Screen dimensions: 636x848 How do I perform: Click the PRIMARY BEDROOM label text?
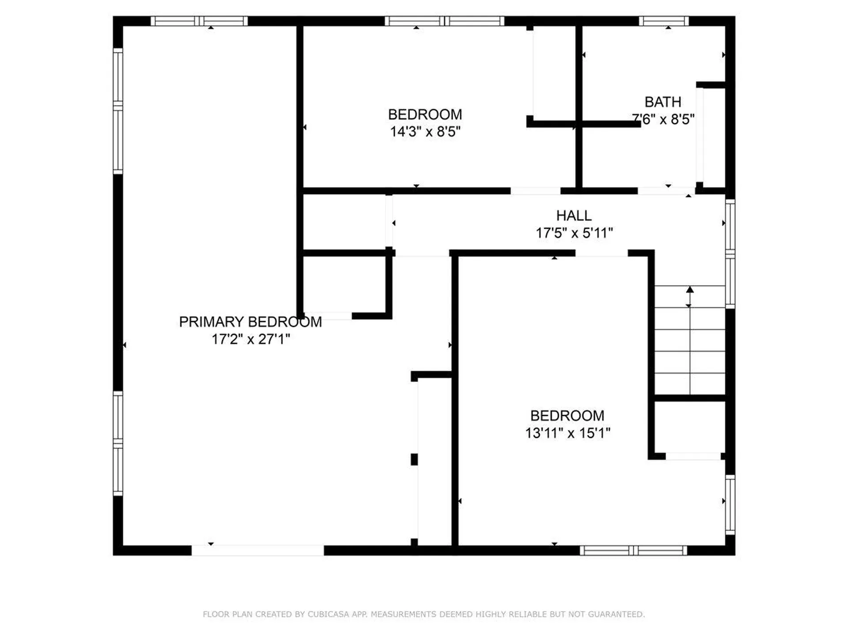click(x=250, y=322)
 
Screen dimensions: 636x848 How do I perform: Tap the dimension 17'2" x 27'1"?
click(x=250, y=339)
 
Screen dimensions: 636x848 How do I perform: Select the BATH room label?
click(x=662, y=102)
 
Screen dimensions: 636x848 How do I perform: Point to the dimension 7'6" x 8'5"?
click(x=662, y=119)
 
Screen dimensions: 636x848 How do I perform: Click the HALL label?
click(x=573, y=216)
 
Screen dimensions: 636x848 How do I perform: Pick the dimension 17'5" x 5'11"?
click(x=574, y=233)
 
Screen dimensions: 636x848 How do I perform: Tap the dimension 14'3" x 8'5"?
click(x=425, y=132)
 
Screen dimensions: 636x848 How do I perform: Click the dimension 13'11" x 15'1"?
click(x=567, y=433)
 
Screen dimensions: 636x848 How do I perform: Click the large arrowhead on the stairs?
click(x=690, y=290)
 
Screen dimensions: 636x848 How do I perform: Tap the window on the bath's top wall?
click(x=663, y=21)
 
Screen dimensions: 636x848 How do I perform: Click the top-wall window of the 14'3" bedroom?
click(x=444, y=21)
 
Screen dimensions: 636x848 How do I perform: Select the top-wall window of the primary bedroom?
click(x=199, y=21)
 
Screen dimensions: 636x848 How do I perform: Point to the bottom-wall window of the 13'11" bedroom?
click(x=633, y=550)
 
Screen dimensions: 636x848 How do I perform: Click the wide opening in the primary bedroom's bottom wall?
click(x=257, y=550)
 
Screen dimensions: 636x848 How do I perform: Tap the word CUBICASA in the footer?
click(x=328, y=614)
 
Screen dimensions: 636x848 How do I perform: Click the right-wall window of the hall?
click(x=730, y=254)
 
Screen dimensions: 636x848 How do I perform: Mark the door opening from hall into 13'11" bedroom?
click(x=601, y=253)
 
